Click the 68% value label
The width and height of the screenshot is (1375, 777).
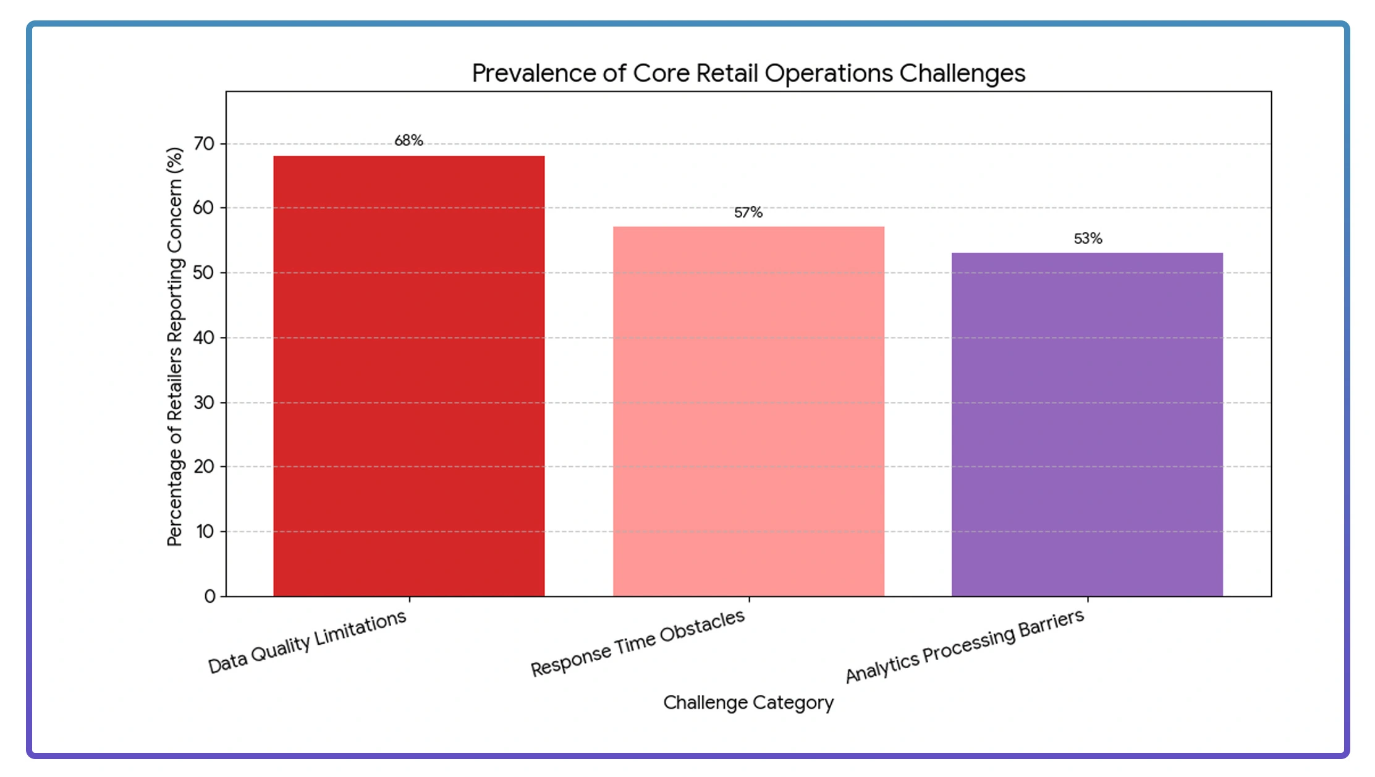pyautogui.click(x=408, y=141)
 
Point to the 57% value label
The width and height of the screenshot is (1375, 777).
pyautogui.click(x=748, y=213)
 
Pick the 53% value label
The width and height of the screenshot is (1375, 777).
pyautogui.click(x=1088, y=239)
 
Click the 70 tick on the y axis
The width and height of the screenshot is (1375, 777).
pyautogui.click(x=204, y=144)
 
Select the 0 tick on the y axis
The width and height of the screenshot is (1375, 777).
pyautogui.click(x=210, y=597)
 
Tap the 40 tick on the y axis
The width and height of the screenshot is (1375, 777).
pyautogui.click(x=204, y=338)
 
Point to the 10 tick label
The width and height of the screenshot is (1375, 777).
pyautogui.click(x=205, y=532)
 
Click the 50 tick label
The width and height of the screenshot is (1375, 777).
pyautogui.click(x=204, y=273)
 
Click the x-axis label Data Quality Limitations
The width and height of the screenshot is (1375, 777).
pyautogui.click(x=307, y=642)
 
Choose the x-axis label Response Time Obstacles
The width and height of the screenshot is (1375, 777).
pyautogui.click(x=638, y=643)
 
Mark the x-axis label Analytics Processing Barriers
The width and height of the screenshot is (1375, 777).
pyautogui.click(x=965, y=645)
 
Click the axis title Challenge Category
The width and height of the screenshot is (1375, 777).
pyautogui.click(x=748, y=703)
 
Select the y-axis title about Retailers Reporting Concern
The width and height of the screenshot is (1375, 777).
pyautogui.click(x=175, y=346)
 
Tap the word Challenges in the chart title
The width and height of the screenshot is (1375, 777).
pyautogui.click(x=962, y=74)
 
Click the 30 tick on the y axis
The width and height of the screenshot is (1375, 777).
pyautogui.click(x=204, y=402)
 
